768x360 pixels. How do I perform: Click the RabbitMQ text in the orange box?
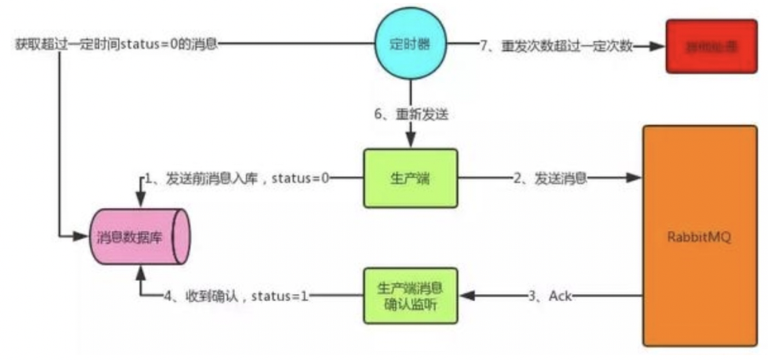(x=699, y=237)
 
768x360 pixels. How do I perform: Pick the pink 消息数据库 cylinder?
(x=139, y=237)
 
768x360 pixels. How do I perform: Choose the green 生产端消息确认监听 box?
(x=409, y=295)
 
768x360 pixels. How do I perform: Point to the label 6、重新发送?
(x=411, y=115)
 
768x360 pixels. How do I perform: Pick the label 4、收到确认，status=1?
(x=236, y=296)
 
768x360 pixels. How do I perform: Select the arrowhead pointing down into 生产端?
(x=410, y=143)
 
